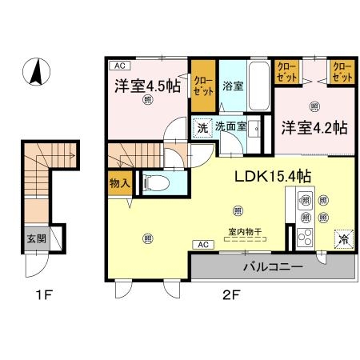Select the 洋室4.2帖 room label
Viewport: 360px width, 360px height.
tap(313, 126)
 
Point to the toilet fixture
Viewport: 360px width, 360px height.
tap(157, 182)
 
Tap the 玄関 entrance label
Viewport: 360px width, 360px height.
tap(36, 238)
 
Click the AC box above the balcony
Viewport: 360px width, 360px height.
tap(202, 244)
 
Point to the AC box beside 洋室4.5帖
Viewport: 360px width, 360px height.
tap(118, 66)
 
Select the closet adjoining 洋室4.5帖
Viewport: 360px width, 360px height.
tap(203, 86)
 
